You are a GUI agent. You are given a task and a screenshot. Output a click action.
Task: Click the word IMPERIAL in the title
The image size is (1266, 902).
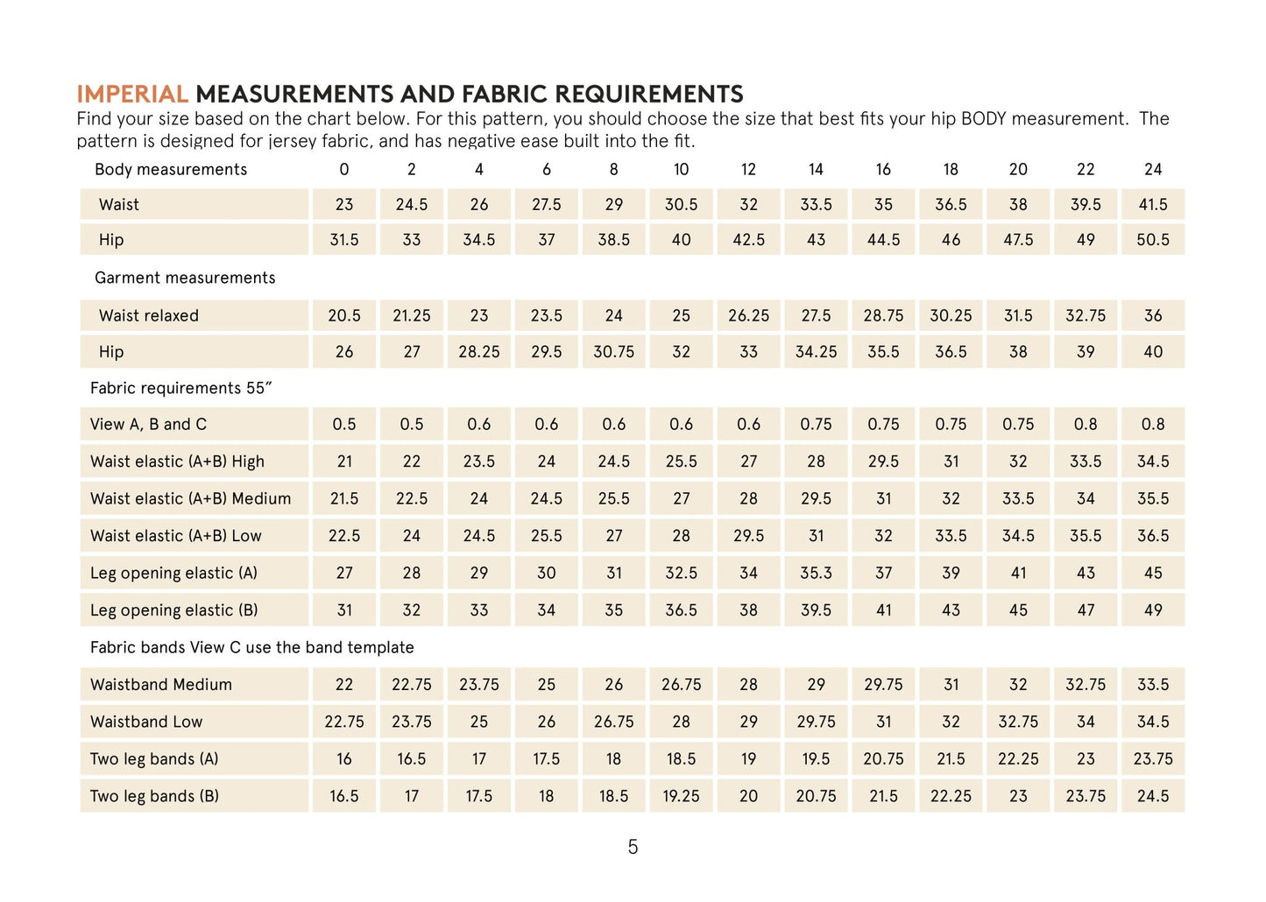132,95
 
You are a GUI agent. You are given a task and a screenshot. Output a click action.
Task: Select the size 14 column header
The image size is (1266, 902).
816,169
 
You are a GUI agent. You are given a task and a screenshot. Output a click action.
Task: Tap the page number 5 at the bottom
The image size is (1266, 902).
633,847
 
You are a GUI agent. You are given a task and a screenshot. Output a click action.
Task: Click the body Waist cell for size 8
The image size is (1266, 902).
613,205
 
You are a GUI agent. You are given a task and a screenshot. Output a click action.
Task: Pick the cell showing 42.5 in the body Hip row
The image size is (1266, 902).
748,240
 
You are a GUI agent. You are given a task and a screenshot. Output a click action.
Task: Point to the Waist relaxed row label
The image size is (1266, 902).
149,316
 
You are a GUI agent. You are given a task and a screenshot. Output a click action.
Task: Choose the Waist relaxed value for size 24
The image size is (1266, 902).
1153,316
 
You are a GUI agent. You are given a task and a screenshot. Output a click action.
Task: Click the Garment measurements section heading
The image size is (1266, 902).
185,278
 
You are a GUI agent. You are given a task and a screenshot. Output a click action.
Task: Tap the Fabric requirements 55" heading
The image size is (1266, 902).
181,388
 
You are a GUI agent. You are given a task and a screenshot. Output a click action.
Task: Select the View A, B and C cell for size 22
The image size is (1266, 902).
1086,425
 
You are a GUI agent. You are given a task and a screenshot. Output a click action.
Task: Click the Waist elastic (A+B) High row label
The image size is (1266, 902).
177,462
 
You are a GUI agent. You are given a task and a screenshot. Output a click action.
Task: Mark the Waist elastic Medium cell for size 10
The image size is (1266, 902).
681,499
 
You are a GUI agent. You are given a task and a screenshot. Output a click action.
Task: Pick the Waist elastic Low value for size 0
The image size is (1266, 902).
344,536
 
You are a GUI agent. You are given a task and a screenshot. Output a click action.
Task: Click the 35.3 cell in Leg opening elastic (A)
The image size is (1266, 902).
816,574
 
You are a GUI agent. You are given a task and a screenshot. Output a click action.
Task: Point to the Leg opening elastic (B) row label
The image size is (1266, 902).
173,610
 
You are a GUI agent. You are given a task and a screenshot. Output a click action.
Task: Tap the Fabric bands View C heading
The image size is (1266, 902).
252,648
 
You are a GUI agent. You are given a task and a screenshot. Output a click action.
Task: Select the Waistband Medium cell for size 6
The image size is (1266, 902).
546,685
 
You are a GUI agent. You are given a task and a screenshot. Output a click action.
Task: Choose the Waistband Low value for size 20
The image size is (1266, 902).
1018,722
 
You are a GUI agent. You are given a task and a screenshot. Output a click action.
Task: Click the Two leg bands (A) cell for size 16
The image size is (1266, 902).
883,759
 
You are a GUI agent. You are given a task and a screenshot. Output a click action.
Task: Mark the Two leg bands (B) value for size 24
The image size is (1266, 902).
1153,797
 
